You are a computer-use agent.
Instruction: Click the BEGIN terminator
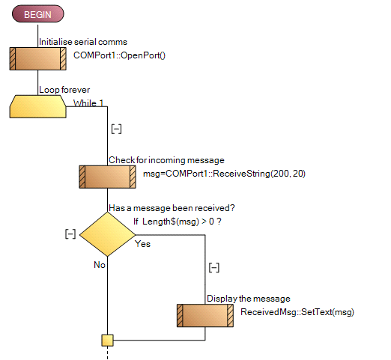pos(37,14)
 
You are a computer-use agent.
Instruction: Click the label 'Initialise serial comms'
pos(82,42)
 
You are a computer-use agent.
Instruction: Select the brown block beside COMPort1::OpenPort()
pos(37,58)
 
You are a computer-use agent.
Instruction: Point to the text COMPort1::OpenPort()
pos(118,55)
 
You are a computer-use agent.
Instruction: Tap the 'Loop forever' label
pos(64,90)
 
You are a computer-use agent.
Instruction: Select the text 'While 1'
pos(89,103)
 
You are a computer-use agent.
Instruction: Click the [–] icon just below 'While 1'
pos(116,129)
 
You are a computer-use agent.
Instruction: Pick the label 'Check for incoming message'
pos(166,159)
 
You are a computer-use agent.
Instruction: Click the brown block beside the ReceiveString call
pos(108,177)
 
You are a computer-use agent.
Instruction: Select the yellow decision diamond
pos(108,234)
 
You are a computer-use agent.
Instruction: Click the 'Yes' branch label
pos(142,243)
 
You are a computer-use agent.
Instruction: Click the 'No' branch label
pos(99,264)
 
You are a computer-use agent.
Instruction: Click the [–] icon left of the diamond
pos(70,234)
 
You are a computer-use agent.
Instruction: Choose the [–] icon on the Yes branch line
pos(213,266)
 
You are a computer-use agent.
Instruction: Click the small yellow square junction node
pos(108,341)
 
